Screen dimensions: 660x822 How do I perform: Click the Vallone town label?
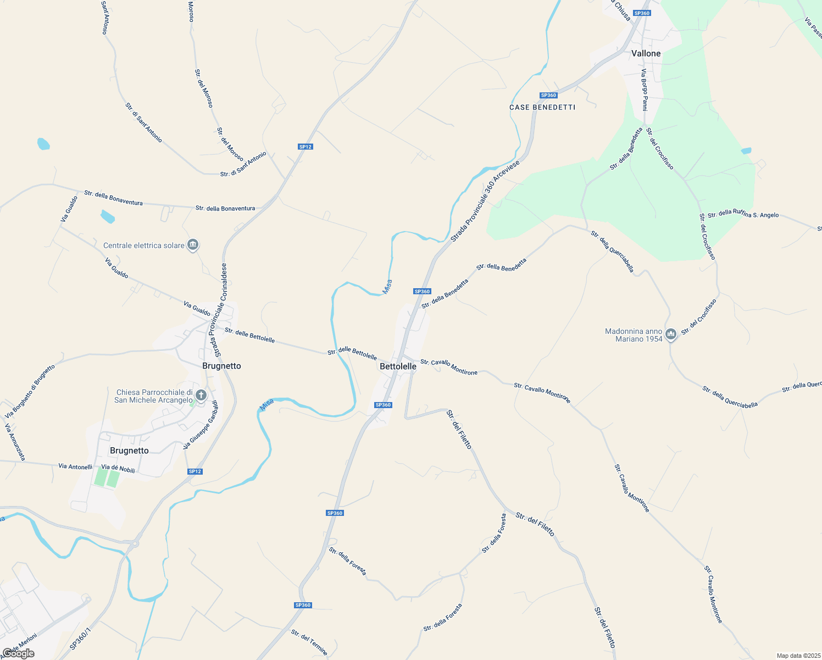(646, 53)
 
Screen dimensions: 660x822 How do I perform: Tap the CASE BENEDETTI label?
(542, 107)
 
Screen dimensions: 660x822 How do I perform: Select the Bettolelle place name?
(398, 366)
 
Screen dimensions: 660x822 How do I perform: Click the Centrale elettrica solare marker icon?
(193, 245)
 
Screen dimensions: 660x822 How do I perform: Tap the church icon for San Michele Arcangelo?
(201, 395)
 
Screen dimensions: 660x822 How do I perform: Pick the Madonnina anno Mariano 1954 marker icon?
(670, 334)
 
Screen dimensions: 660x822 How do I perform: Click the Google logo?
(18, 653)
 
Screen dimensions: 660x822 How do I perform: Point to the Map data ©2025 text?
(798, 656)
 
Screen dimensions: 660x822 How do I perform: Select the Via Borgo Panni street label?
(644, 90)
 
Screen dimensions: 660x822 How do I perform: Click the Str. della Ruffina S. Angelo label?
(743, 215)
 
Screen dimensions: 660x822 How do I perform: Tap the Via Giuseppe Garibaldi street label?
(201, 424)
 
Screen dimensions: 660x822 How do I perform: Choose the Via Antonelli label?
(75, 466)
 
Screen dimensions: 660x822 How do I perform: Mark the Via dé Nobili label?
(118, 468)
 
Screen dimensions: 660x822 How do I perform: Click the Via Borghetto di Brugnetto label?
(30, 391)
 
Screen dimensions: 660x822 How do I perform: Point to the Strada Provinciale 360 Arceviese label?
(485, 201)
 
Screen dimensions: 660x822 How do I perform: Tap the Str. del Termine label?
(309, 642)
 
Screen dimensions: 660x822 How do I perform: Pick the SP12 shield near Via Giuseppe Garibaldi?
(195, 471)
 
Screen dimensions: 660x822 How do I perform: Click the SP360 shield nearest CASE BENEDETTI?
(548, 95)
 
